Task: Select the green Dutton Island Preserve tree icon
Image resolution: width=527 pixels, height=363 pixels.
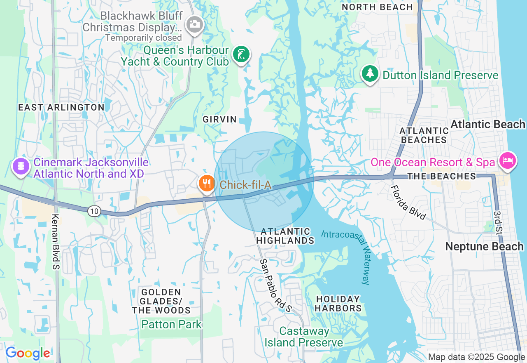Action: (x=370, y=73)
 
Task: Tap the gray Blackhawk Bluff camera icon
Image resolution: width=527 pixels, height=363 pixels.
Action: (x=194, y=24)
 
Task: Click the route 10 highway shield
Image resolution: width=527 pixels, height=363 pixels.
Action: (x=94, y=211)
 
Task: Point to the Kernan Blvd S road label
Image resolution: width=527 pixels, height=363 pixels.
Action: (x=56, y=242)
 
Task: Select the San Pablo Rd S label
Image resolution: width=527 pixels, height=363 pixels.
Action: (x=275, y=285)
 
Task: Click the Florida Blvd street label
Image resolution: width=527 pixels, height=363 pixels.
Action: (x=408, y=203)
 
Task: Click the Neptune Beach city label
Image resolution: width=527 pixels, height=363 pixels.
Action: (x=484, y=247)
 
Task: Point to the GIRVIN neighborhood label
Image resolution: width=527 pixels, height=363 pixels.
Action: (x=220, y=119)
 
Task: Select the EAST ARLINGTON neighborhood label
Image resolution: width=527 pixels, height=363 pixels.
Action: (x=61, y=107)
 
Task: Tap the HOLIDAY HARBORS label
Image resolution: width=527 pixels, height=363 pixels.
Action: (x=338, y=303)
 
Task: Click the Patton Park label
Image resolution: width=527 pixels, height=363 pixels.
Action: (x=171, y=324)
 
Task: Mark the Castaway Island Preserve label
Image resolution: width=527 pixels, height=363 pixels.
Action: (x=304, y=337)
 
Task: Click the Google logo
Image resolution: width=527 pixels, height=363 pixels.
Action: (x=28, y=353)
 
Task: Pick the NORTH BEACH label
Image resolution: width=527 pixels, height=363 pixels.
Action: (x=377, y=7)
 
